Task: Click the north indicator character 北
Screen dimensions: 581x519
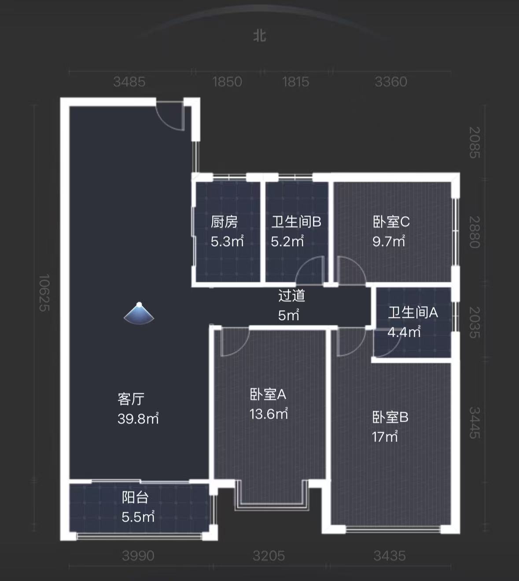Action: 259,36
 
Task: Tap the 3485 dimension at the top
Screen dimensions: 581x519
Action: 129,81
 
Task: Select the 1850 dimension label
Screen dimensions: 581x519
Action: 227,81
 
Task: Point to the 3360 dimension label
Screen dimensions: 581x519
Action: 391,81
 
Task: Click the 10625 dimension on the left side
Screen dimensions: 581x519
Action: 44,293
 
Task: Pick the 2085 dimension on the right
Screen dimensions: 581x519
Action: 475,142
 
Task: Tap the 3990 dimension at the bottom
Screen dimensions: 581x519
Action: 138,555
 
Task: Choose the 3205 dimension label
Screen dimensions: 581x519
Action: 269,555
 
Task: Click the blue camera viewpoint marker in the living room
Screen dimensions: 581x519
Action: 139,313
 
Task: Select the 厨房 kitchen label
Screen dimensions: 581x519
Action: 224,221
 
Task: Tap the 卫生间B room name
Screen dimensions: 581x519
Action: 296,221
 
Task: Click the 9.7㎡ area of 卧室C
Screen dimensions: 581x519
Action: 389,241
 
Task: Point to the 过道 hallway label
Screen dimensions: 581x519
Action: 291,295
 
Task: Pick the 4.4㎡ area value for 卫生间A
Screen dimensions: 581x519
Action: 404,332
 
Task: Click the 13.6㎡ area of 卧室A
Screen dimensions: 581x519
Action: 269,414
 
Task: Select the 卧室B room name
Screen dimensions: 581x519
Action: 390,417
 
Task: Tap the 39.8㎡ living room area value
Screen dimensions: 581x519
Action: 138,419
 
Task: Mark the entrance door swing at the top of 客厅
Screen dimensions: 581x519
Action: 171,115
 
